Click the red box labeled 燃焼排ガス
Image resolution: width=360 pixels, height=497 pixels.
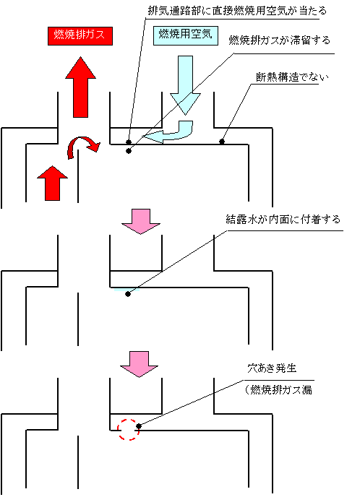pos(80,36)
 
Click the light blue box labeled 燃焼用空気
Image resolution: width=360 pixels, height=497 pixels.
pos(186,35)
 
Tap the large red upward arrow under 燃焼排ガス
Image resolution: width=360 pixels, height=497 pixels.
pos(80,87)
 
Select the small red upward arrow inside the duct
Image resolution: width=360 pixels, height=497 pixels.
pos(52,183)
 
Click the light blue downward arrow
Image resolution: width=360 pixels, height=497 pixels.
pos(186,85)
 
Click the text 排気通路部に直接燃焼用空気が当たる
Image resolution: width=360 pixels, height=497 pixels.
pos(237,11)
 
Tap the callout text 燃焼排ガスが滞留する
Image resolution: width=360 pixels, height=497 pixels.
pos(280,40)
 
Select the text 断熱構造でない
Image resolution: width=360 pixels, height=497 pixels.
pos(292,77)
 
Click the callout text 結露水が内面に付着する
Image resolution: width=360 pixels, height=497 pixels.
pos(283,220)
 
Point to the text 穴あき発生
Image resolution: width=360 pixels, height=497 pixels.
pos(272,368)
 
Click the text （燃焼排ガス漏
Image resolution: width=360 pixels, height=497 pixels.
pos(278,389)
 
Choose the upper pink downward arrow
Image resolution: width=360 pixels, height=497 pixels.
pos(141,222)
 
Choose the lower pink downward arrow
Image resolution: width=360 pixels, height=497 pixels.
pos(140,364)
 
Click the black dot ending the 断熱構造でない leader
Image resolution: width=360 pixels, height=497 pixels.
pos(222,142)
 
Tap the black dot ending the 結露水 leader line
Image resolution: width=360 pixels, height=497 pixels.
pos(128,294)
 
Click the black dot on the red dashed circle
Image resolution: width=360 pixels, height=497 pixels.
pos(138,426)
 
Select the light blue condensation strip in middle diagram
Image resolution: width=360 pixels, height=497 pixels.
pos(127,290)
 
